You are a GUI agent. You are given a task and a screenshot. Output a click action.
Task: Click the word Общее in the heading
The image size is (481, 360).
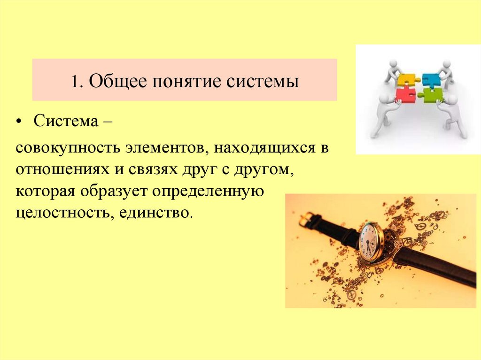click(x=114, y=81)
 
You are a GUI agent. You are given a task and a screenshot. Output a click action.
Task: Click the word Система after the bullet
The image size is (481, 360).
click(x=63, y=122)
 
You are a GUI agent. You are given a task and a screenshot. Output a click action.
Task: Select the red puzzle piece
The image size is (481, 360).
click(x=405, y=95)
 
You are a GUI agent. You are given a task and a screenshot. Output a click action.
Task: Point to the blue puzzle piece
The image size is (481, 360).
click(x=431, y=78)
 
